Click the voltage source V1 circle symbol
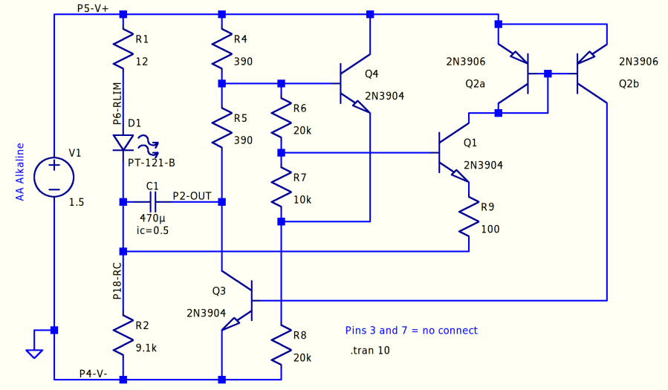pyautogui.click(x=54, y=176)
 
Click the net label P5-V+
pyautogui.click(x=93, y=7)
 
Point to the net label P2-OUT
pyautogui.click(x=192, y=196)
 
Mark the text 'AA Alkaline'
pyautogui.click(x=21, y=172)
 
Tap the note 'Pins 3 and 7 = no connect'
pyautogui.click(x=411, y=331)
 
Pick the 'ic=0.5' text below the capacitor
pyautogui.click(x=153, y=230)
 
